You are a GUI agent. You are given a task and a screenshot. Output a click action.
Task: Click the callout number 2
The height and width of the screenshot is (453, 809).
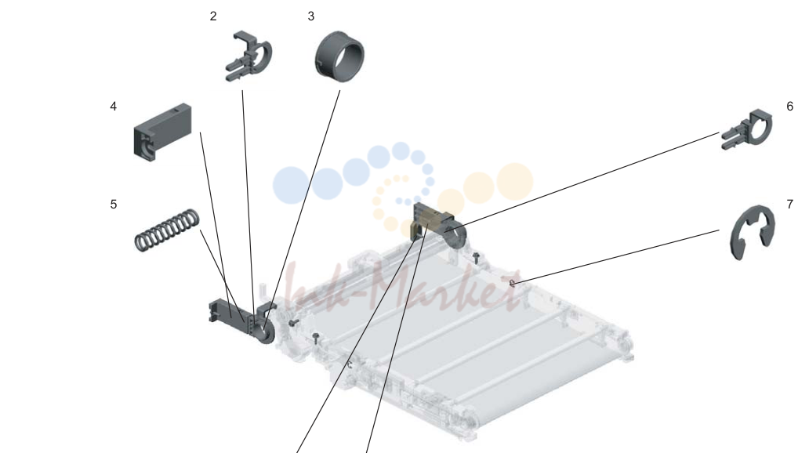click(213, 16)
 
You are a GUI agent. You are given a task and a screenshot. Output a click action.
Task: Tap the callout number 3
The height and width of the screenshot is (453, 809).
click(311, 16)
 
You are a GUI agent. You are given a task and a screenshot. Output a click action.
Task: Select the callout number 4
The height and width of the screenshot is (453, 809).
click(114, 107)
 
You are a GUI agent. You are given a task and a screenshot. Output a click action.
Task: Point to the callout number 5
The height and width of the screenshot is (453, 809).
click(114, 205)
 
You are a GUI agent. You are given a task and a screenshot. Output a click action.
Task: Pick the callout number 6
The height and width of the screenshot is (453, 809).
click(790, 107)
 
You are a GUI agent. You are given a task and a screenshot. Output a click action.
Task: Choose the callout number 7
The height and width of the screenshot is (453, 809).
click(790, 205)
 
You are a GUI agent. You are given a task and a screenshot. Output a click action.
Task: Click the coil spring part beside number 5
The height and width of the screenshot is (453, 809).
click(167, 230)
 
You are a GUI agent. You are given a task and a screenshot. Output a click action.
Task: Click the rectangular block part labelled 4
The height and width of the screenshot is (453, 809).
click(162, 130)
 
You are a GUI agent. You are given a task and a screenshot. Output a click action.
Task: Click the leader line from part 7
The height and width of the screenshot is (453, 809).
click(615, 256)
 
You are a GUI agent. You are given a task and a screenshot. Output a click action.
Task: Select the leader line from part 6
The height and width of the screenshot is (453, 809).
click(582, 180)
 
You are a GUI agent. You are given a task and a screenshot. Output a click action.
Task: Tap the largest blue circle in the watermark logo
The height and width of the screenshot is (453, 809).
click(291, 185)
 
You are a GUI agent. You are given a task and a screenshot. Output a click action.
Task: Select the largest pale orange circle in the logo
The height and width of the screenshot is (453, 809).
click(514, 181)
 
